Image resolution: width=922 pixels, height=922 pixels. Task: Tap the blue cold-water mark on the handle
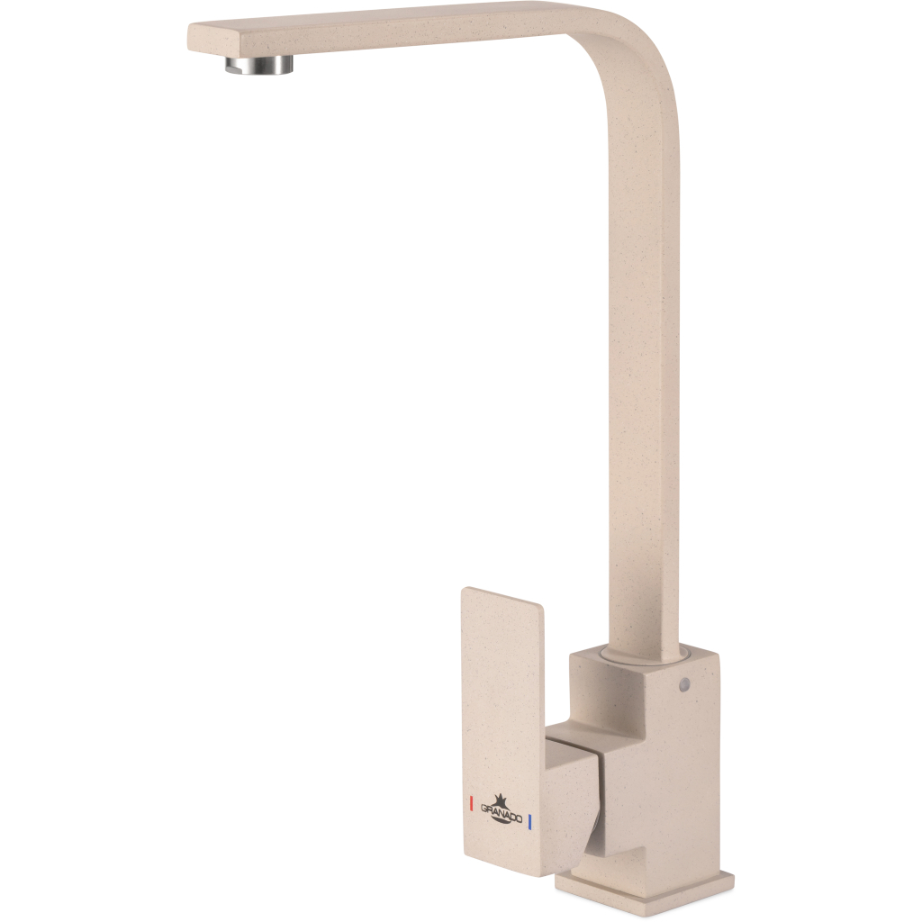530,822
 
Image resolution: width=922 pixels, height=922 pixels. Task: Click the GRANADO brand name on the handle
502,814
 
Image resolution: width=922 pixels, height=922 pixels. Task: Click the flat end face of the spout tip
195,38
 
